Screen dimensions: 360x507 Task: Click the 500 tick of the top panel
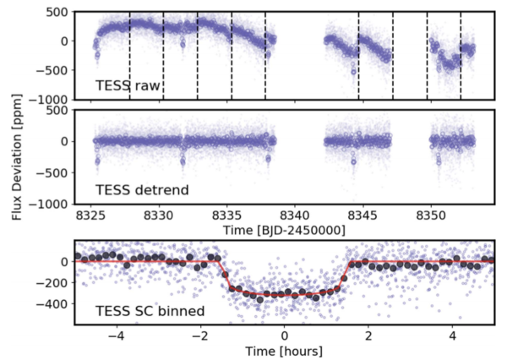[56, 12]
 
